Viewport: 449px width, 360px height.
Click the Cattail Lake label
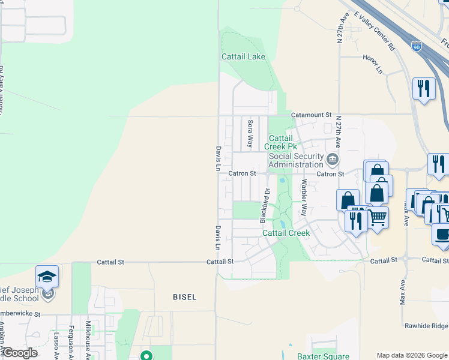[243, 57]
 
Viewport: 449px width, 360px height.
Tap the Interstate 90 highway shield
[417, 46]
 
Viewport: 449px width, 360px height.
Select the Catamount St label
[311, 114]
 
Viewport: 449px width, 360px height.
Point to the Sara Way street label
[250, 134]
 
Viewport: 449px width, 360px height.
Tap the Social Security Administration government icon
[333, 160]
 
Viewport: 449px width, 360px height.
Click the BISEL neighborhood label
[184, 297]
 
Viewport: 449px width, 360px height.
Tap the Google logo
[19, 353]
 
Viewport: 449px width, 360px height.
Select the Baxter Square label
[323, 356]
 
